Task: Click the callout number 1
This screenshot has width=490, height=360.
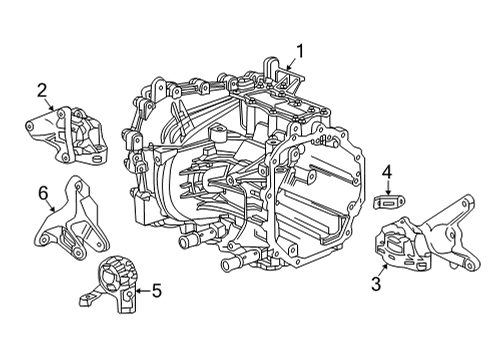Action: [x=297, y=50]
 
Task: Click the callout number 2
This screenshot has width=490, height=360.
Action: [x=42, y=93]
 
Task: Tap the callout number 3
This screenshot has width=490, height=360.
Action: [x=375, y=285]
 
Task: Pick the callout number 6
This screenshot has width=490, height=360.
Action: [x=43, y=191]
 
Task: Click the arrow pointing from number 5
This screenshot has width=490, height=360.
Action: [x=140, y=291]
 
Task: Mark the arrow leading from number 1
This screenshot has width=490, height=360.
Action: [x=290, y=64]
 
